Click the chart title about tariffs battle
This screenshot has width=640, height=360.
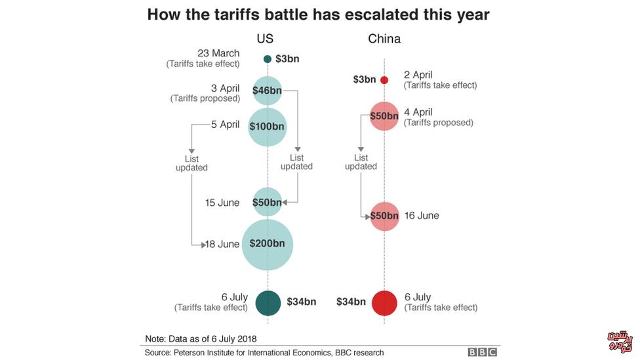(318, 14)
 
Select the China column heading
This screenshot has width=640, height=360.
(384, 39)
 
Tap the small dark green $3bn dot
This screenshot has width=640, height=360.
(268, 59)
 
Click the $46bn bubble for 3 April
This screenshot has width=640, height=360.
(267, 91)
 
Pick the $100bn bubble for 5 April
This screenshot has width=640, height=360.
(268, 126)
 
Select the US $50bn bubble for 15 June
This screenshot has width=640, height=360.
(267, 203)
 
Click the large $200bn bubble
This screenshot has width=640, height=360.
(267, 244)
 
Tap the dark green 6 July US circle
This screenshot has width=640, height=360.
(268, 302)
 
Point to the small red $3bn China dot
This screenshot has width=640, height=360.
(384, 80)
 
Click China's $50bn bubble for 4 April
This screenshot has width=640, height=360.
(384, 116)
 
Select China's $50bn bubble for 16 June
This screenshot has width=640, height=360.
(384, 216)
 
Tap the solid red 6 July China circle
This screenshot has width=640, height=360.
(384, 302)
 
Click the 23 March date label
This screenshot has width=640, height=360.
(218, 53)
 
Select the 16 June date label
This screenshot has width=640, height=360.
(422, 216)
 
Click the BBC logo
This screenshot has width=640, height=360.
(482, 352)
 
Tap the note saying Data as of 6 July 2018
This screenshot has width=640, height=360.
(201, 338)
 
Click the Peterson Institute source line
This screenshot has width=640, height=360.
(264, 353)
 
